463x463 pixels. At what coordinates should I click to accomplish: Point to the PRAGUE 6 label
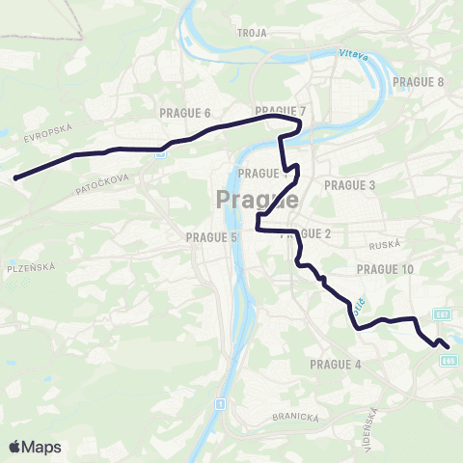(x=184, y=113)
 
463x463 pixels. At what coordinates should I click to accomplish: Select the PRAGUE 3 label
(x=349, y=184)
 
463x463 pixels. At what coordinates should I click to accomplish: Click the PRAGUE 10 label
(x=384, y=269)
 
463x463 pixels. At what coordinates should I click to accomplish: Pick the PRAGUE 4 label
(x=335, y=364)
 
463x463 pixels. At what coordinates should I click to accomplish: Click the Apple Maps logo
(x=35, y=447)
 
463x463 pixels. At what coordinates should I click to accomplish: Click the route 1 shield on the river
(x=221, y=402)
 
